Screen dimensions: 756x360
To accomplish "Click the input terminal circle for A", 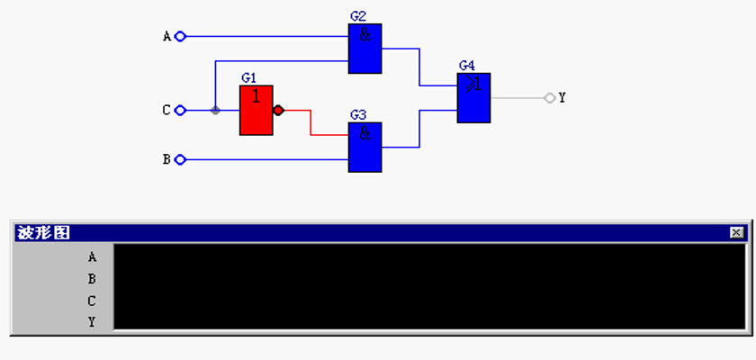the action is (x=180, y=36).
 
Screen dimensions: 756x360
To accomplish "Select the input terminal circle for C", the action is (x=180, y=111).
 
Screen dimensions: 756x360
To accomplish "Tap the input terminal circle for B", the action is (x=180, y=159).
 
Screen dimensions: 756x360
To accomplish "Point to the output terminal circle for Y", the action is (x=550, y=98).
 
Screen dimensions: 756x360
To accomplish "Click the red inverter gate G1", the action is (x=256, y=111).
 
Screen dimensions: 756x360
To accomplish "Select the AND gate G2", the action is (x=365, y=49).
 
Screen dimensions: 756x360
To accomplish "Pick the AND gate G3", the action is (x=365, y=147).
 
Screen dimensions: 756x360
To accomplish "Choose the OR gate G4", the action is (x=474, y=98).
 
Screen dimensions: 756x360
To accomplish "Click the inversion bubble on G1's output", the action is (x=278, y=111).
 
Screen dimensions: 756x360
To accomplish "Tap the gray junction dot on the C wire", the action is (x=215, y=111).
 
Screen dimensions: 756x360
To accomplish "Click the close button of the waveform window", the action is (x=736, y=233).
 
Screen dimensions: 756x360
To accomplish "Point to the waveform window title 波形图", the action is (x=44, y=233).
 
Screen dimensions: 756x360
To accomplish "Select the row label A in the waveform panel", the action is (x=92, y=257).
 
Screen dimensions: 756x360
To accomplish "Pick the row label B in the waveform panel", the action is (x=92, y=279).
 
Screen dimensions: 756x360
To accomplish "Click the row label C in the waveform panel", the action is (x=92, y=301).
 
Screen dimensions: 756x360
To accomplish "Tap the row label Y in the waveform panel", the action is (x=92, y=322).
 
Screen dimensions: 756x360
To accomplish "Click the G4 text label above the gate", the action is (x=467, y=66).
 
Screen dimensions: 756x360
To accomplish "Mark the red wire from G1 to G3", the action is (x=310, y=122).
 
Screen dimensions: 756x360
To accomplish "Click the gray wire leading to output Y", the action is (x=517, y=98).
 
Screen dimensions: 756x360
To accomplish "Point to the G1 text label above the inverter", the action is (x=248, y=78).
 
